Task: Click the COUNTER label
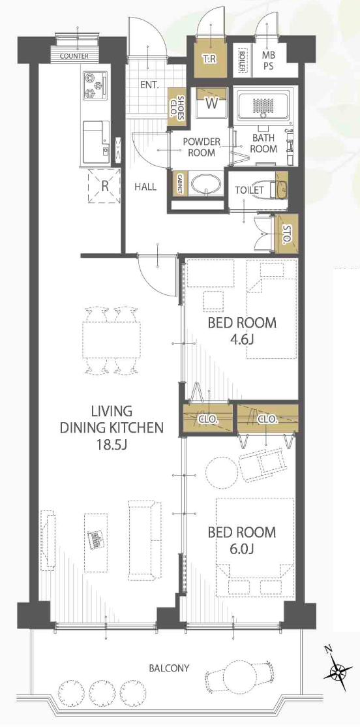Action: (x=74, y=57)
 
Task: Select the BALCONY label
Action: (x=169, y=668)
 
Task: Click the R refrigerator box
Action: (x=104, y=186)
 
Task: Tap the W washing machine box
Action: (x=212, y=103)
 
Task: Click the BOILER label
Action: (x=242, y=60)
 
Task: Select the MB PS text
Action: (x=268, y=61)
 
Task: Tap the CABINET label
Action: (x=179, y=185)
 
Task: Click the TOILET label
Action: (x=249, y=190)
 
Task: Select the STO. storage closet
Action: (x=286, y=234)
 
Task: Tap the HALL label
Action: (x=145, y=187)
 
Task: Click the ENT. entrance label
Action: (x=149, y=85)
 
